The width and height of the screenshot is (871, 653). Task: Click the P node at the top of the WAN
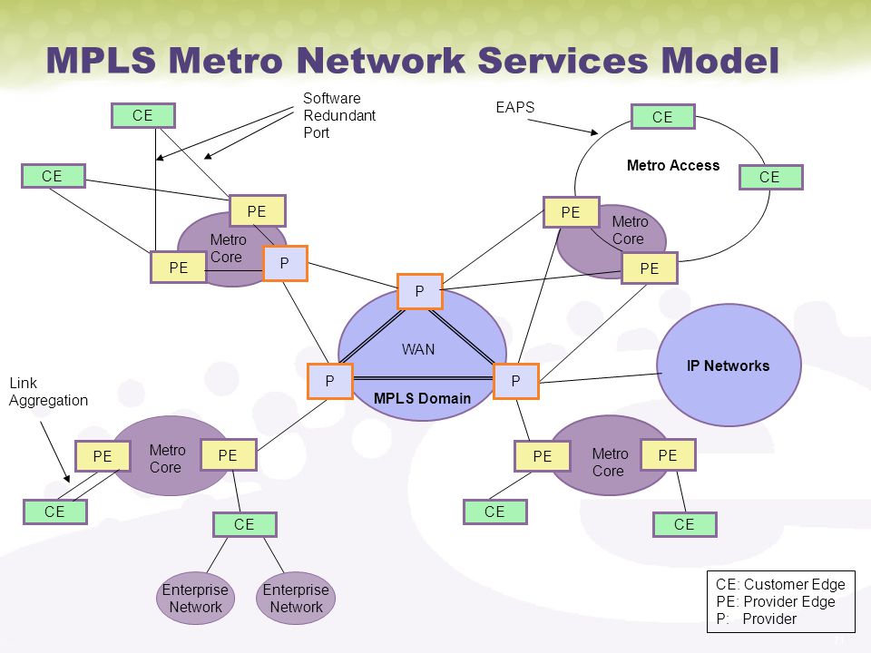coord(420,291)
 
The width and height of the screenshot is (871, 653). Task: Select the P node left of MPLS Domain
coord(330,381)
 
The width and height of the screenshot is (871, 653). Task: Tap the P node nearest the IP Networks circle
coord(516,381)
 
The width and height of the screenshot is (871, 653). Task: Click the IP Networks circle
coord(729,365)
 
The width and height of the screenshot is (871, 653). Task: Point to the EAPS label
coord(515,107)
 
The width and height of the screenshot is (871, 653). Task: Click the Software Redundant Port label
coord(339,115)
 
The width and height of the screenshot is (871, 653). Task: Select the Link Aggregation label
coord(48,392)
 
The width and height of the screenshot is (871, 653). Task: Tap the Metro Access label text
coord(673,165)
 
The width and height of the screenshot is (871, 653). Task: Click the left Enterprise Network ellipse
coord(195,598)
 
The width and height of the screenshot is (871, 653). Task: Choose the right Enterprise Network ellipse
coord(296,598)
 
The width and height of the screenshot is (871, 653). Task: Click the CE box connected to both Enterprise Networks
coord(244,524)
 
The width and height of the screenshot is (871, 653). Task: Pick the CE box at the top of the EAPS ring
coord(662,117)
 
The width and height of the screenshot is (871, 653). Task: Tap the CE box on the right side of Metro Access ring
coord(770,177)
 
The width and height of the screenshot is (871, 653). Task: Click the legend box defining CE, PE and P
coord(781,601)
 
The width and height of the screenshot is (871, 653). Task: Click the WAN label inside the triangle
coord(418,349)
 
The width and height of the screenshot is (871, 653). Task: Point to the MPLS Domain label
coord(422,398)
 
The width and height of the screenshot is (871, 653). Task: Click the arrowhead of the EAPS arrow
coord(594,132)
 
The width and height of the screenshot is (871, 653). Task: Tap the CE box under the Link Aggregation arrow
coord(55,512)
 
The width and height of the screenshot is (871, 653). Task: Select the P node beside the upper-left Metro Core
coord(284,263)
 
